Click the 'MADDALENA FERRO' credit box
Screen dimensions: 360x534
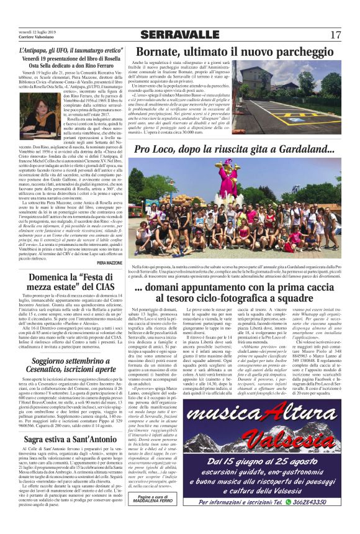[x=156, y=516]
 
